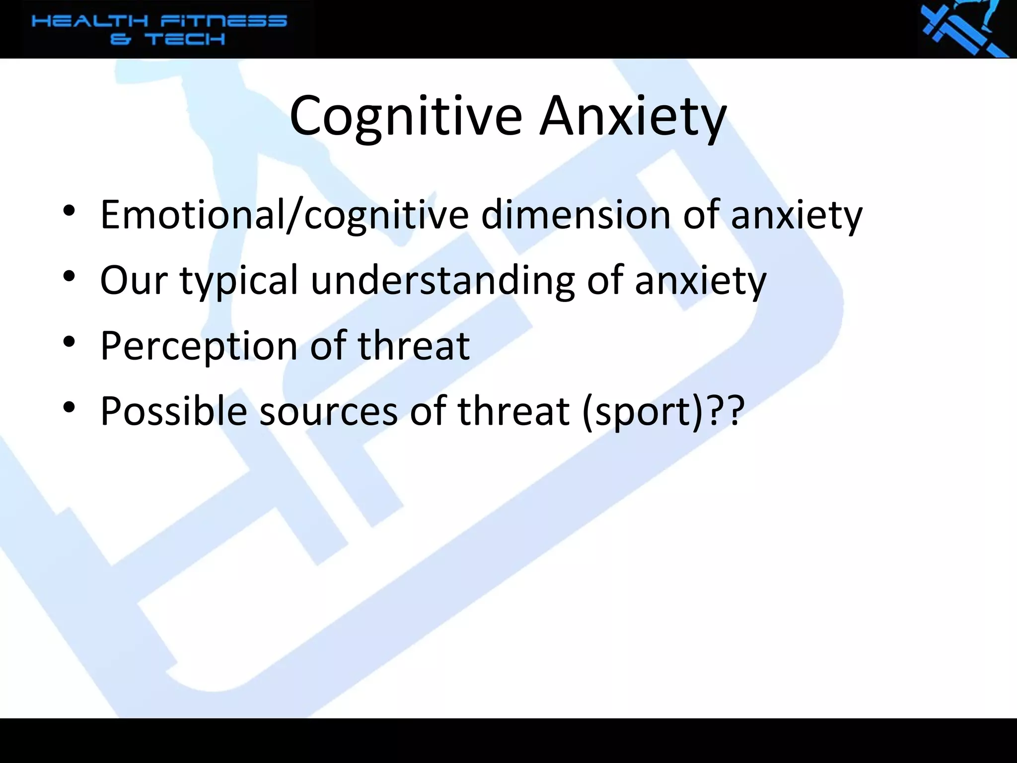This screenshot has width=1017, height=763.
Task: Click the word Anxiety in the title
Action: [x=633, y=117]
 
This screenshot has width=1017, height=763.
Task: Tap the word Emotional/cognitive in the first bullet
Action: [x=284, y=215]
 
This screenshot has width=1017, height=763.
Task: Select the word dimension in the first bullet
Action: [x=576, y=215]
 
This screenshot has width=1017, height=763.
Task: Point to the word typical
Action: [x=239, y=281]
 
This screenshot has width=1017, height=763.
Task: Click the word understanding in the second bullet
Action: [x=442, y=281]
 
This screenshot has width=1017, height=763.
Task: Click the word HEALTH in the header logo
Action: [x=89, y=21]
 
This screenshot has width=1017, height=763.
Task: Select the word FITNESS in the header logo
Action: [x=223, y=21]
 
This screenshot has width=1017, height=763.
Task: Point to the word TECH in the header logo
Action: [x=185, y=39]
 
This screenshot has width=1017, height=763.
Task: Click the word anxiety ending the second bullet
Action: [x=701, y=281]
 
